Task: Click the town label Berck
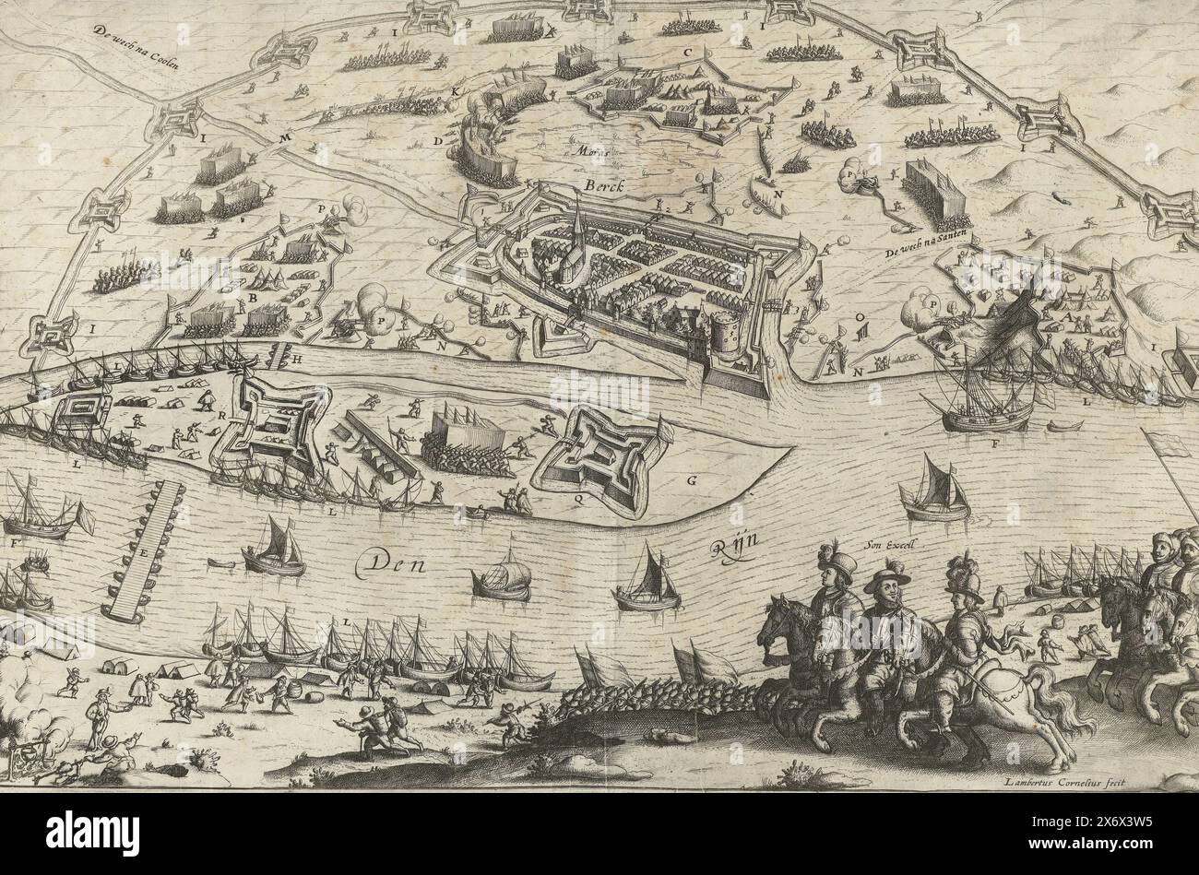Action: point(603,185)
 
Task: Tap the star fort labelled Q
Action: point(599,458)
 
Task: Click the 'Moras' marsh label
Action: point(587,148)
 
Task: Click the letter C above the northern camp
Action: point(687,53)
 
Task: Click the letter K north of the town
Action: point(455,91)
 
